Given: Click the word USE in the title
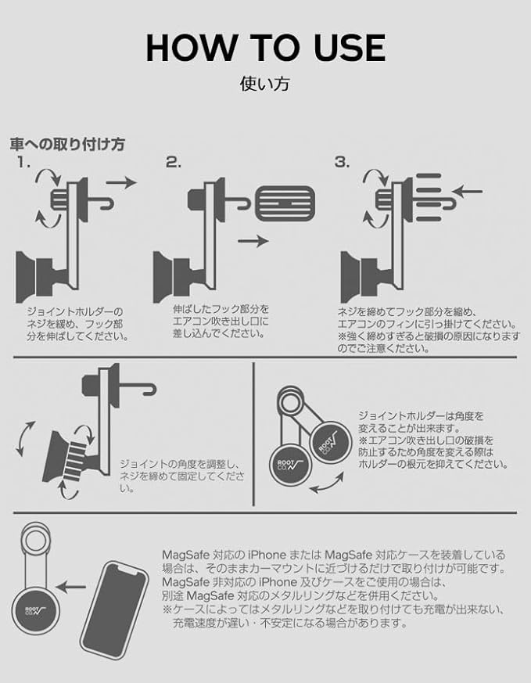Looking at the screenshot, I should (x=343, y=48).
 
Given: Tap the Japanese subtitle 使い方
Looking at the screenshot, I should (x=264, y=83).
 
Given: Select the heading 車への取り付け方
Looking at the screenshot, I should (x=67, y=145).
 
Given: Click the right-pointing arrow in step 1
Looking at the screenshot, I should (x=121, y=182).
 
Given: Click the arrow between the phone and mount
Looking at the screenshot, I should (x=74, y=584).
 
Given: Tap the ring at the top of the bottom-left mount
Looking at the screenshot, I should (x=34, y=539).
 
